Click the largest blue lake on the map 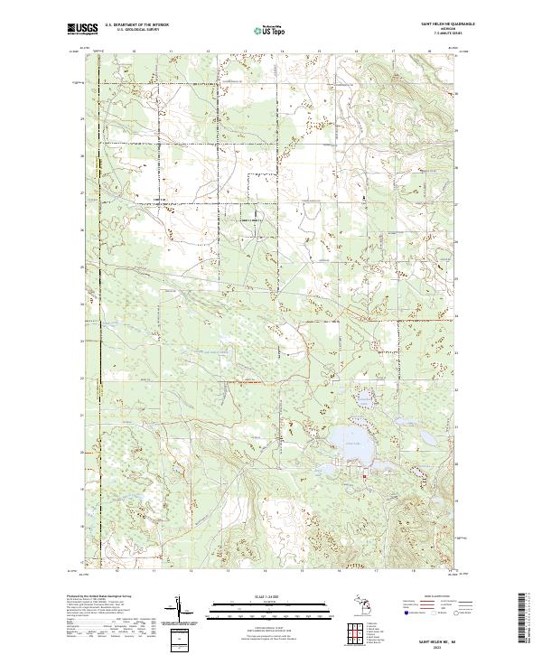(x=347, y=440)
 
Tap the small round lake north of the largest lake (x=364, y=398)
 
